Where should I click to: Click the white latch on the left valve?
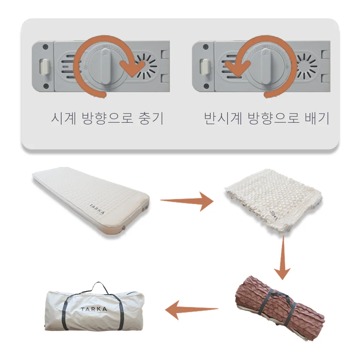coord(45,67)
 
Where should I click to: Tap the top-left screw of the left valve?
coord(45,47)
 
